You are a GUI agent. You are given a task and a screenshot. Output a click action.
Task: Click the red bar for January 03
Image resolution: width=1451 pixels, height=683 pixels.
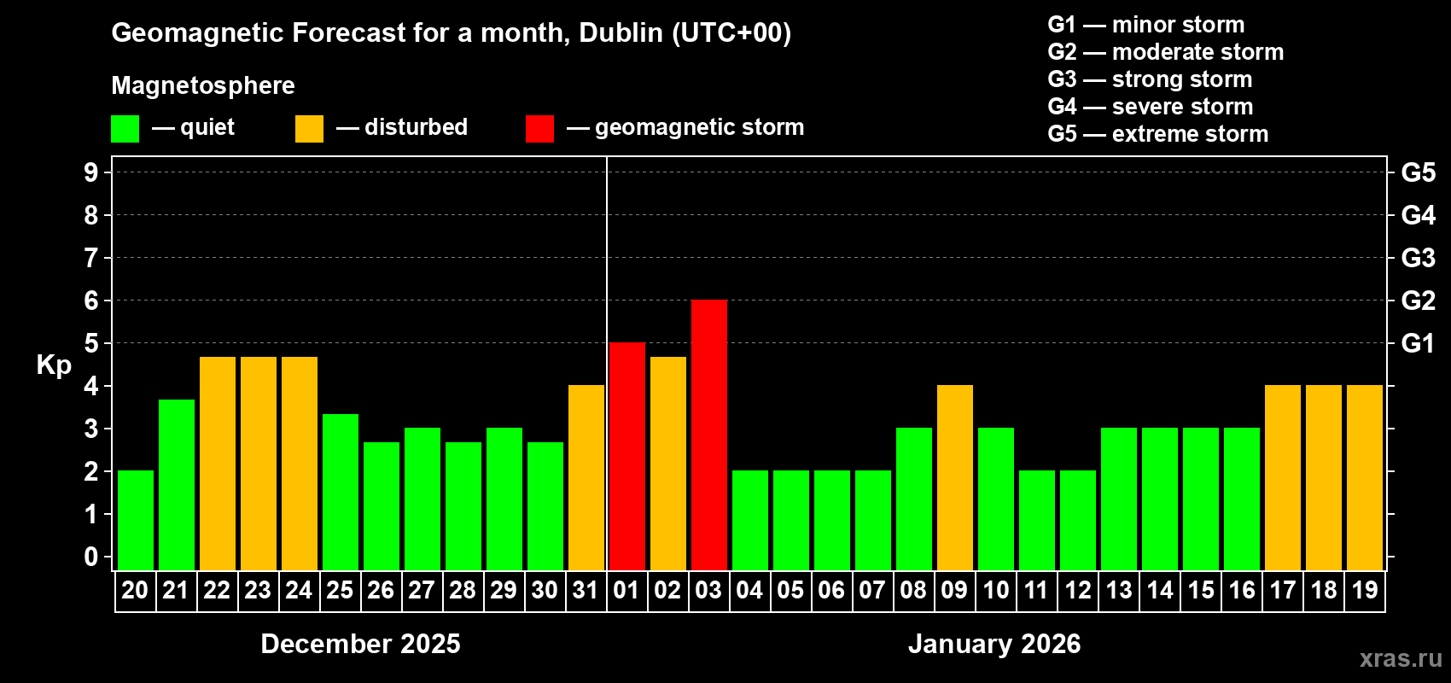click(x=709, y=435)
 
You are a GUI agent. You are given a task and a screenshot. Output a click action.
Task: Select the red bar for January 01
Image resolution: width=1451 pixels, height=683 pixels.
click(x=627, y=456)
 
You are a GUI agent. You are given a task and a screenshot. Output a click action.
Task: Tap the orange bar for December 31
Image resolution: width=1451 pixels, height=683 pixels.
click(x=586, y=477)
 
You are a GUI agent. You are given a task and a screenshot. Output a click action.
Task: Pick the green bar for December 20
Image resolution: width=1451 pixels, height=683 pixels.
click(x=136, y=520)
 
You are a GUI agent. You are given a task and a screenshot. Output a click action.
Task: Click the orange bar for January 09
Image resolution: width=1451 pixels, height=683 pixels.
click(x=955, y=477)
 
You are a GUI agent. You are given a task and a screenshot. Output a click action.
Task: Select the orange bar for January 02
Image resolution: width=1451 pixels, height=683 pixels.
click(x=668, y=463)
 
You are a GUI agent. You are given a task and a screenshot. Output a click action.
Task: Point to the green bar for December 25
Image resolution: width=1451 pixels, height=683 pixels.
click(x=341, y=492)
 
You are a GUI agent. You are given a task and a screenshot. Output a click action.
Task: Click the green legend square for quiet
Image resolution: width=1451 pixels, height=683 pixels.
click(x=125, y=129)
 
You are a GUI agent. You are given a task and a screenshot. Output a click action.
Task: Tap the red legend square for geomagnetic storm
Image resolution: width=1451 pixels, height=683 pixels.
click(x=539, y=129)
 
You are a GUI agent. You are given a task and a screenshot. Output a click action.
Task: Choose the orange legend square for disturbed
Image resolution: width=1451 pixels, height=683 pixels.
click(x=309, y=129)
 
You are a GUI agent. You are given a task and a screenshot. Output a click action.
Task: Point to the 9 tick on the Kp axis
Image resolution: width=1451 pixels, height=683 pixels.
click(x=91, y=172)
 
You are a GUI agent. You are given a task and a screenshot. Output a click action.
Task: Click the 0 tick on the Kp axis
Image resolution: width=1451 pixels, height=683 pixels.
click(x=91, y=557)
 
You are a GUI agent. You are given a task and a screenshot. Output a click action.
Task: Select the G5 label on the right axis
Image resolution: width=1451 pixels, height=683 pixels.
click(x=1418, y=172)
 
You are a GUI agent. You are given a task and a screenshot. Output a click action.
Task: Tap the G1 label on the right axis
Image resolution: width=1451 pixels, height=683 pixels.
click(x=1418, y=343)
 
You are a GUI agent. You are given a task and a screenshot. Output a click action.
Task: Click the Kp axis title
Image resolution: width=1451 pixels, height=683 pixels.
click(x=54, y=365)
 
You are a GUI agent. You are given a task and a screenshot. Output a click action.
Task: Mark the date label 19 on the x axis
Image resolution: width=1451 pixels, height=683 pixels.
click(x=1365, y=590)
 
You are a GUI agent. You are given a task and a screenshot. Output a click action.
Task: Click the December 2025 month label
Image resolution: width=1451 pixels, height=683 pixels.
click(x=360, y=644)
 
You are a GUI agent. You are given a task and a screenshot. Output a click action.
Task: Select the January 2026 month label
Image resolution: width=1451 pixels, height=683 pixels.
click(x=994, y=644)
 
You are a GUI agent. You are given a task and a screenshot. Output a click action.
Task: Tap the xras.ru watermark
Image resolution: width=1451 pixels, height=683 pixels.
click(x=1401, y=658)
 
